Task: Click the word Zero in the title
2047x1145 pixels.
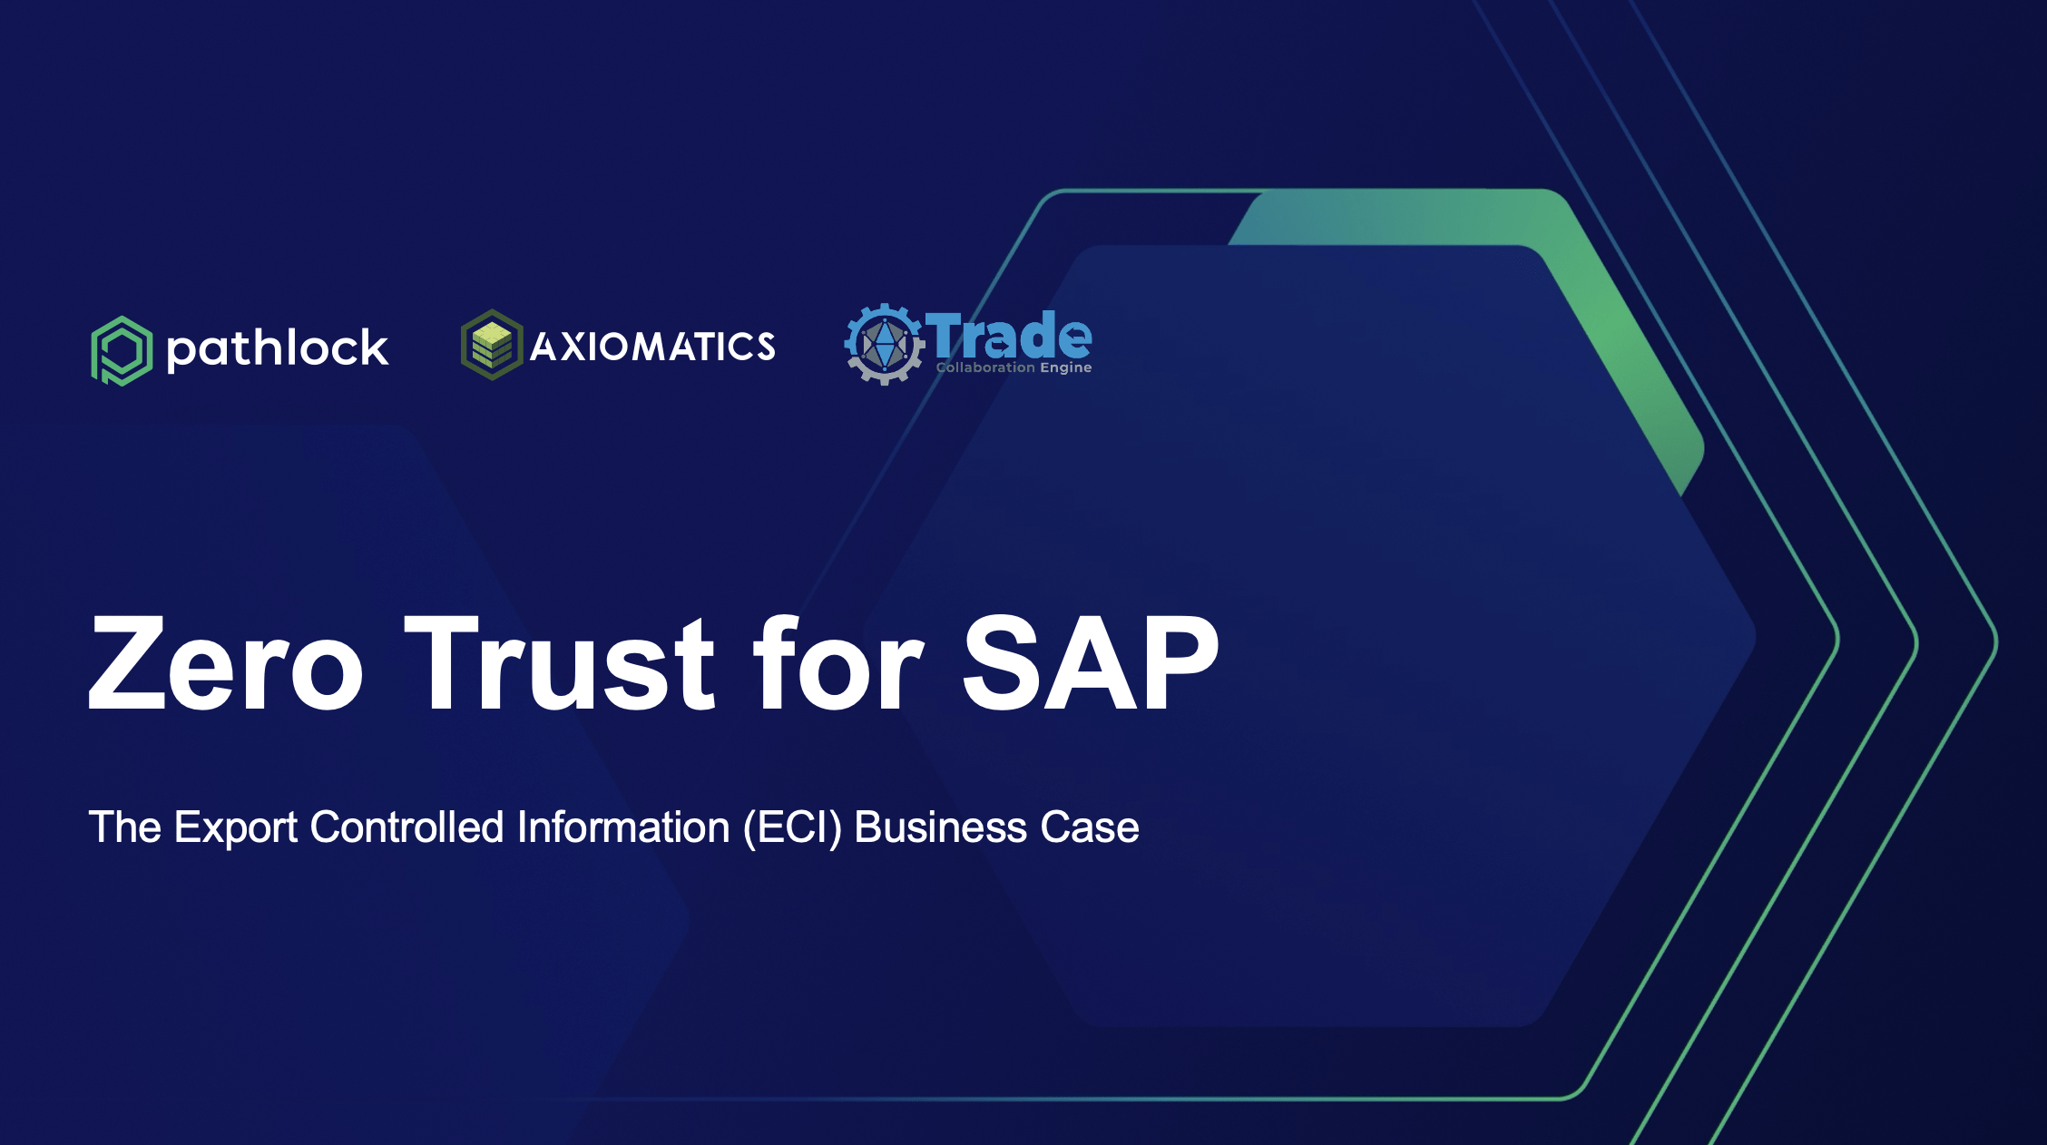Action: pyautogui.click(x=226, y=662)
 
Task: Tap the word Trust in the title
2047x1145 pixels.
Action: pyautogui.click(x=560, y=662)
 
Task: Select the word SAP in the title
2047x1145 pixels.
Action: pyautogui.click(x=1091, y=662)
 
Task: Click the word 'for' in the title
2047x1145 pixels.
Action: pyautogui.click(x=839, y=662)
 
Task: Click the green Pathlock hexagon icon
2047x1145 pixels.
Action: pyautogui.click(x=121, y=350)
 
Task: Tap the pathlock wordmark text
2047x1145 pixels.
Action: pyautogui.click(x=278, y=349)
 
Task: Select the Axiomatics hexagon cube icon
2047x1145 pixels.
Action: pyautogui.click(x=492, y=345)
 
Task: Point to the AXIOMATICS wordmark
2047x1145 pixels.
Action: pyautogui.click(x=652, y=347)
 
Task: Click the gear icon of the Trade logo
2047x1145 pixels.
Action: pyautogui.click(x=884, y=344)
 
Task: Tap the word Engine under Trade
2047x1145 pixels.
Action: pyautogui.click(x=1065, y=367)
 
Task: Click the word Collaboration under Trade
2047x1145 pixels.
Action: pyautogui.click(x=985, y=367)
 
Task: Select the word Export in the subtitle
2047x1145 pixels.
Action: pyautogui.click(x=236, y=827)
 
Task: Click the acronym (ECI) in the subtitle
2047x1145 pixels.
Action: pyautogui.click(x=793, y=828)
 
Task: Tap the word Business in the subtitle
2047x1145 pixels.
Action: pyautogui.click(x=941, y=827)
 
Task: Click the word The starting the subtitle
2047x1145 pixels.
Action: pyautogui.click(x=125, y=827)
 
